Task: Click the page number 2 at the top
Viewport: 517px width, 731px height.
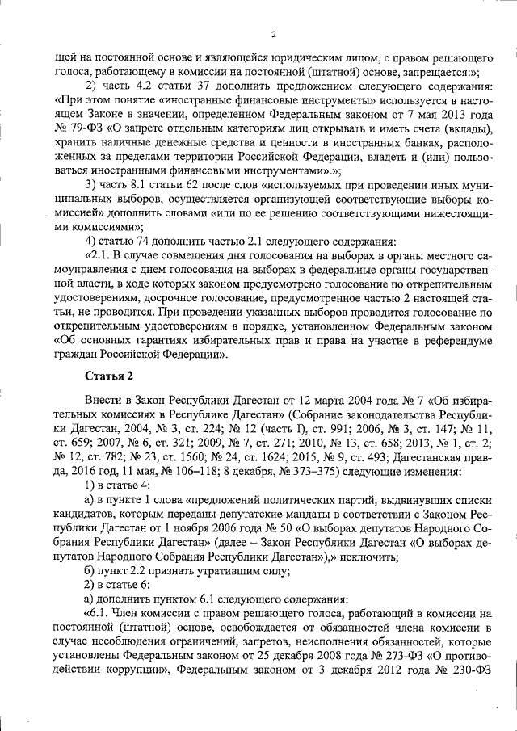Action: coord(273,33)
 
